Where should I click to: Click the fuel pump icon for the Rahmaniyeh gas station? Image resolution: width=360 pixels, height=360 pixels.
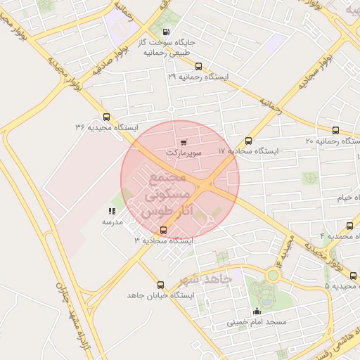(x=166, y=32)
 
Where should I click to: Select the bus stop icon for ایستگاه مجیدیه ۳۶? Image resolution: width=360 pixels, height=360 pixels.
(x=106, y=117)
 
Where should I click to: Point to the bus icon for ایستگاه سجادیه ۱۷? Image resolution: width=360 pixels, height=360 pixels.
(x=248, y=141)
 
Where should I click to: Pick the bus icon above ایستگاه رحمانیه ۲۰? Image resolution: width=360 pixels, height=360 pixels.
(x=335, y=131)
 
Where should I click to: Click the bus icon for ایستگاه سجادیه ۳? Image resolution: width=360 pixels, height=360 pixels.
(x=164, y=230)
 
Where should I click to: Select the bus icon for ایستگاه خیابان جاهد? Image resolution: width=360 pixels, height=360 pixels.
(x=161, y=285)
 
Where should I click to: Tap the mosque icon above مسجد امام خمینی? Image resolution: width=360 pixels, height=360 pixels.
(x=257, y=311)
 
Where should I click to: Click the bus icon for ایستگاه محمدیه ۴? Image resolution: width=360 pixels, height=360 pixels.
(x=349, y=226)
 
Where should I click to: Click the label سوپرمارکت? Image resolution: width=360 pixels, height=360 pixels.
(x=184, y=152)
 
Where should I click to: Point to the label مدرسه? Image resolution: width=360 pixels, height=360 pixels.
(x=112, y=221)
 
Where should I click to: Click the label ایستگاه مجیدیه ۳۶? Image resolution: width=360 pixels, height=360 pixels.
(x=107, y=127)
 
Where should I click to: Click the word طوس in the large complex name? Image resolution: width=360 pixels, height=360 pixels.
(x=156, y=211)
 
